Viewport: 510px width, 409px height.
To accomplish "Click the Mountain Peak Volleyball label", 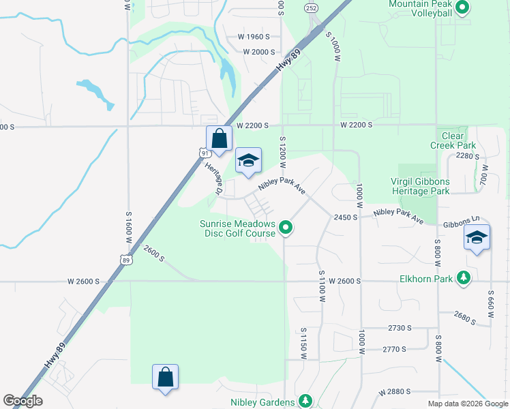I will (420, 8).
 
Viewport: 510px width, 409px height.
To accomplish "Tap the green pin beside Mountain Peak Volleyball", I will (462, 8).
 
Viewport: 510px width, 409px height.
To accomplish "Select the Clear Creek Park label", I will (453, 141).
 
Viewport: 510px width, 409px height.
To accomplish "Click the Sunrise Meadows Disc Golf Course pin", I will (287, 228).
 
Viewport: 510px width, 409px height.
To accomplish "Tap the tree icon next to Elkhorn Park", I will (464, 277).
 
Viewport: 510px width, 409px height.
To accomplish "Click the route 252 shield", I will (311, 8).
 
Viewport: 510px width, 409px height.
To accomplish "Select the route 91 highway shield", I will (206, 153).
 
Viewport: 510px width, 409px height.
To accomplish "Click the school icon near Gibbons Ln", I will (477, 238).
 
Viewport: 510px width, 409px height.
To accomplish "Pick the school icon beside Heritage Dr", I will (248, 161).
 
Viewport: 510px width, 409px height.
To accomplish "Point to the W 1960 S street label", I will (254, 36).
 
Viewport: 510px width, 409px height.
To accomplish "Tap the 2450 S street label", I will (346, 217).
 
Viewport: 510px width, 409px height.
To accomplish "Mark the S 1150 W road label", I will (303, 342).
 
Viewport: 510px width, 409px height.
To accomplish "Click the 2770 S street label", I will (394, 349).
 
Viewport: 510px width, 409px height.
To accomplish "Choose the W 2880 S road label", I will (395, 392).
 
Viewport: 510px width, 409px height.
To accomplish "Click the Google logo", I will (22, 401).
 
